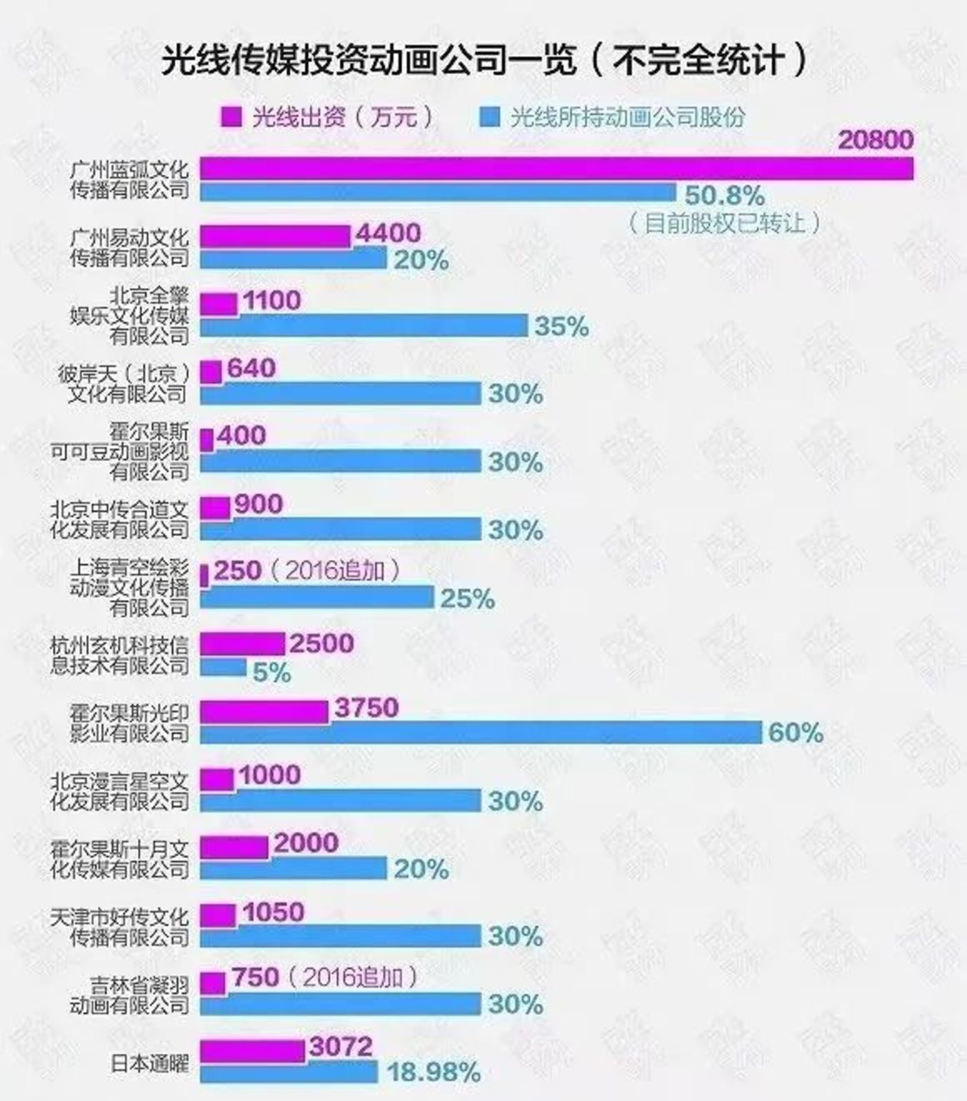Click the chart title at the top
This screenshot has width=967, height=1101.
click(483, 61)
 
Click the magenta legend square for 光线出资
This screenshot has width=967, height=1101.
click(231, 117)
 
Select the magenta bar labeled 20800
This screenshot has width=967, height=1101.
click(556, 169)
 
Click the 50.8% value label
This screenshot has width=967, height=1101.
click(725, 196)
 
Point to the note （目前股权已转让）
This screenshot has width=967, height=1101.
click(725, 223)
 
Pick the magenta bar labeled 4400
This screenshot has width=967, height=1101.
click(275, 236)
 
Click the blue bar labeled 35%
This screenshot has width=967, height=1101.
click(364, 326)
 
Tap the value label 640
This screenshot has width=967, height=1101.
click(251, 368)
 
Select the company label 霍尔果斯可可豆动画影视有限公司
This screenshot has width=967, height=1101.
click(119, 453)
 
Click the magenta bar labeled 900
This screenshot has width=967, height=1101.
click(215, 508)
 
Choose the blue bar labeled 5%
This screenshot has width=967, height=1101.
click(223, 667)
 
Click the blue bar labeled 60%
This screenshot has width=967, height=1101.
click(481, 733)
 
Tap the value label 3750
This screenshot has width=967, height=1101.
click(367, 708)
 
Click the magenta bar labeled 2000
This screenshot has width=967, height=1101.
click(234, 847)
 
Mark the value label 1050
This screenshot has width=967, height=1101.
click(274, 912)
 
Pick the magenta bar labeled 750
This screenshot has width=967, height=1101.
click(213, 983)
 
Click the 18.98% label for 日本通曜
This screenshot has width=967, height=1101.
click(433, 1073)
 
